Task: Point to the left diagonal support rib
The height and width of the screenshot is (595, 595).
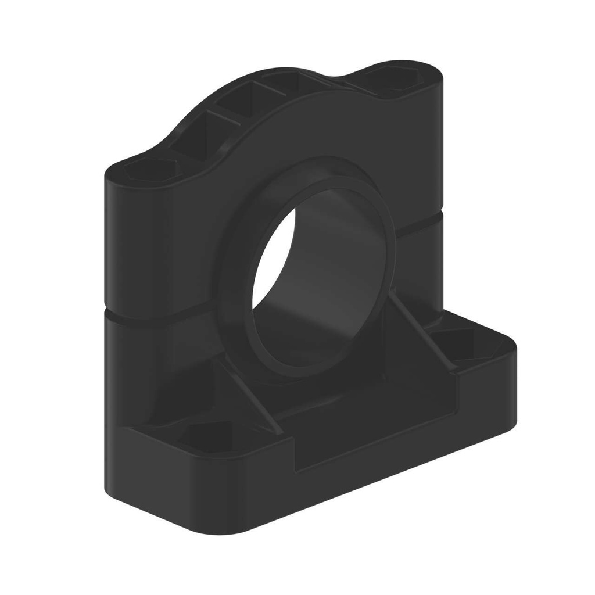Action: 250,395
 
